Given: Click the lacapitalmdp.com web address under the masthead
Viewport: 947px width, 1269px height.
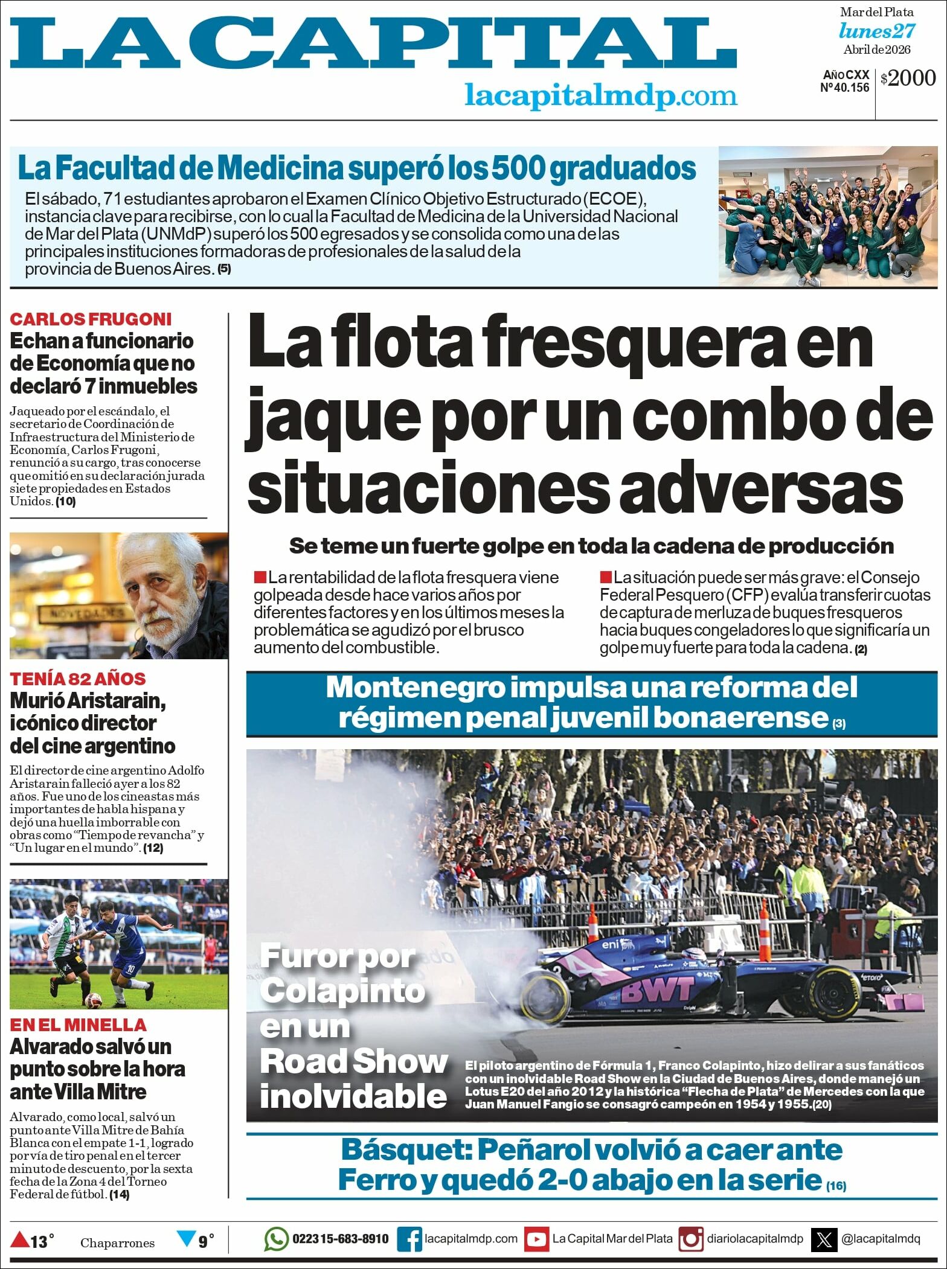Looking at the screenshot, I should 600,95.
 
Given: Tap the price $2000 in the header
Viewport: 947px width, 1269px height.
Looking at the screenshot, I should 908,78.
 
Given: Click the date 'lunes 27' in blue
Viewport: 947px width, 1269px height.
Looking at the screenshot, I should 877,31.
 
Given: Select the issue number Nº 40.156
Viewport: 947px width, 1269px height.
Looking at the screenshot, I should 844,88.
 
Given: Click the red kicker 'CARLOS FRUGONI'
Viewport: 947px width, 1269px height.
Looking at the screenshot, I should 91,319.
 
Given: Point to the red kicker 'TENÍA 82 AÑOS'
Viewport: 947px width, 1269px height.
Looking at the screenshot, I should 78,679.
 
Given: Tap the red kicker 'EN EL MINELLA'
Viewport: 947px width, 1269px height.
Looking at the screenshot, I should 78,1024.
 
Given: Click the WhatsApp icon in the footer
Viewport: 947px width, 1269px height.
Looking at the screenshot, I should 276,1239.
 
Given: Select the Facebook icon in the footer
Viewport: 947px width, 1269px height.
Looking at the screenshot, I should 409,1239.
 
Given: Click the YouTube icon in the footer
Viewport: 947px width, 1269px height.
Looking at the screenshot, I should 536,1239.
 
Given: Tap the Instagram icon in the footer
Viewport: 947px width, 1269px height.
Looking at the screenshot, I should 691,1239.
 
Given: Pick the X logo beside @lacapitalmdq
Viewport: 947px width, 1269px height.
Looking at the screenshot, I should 824,1239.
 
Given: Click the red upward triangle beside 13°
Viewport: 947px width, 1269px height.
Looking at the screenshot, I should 19,1240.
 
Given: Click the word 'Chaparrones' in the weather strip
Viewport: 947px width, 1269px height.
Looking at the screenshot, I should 117,1242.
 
